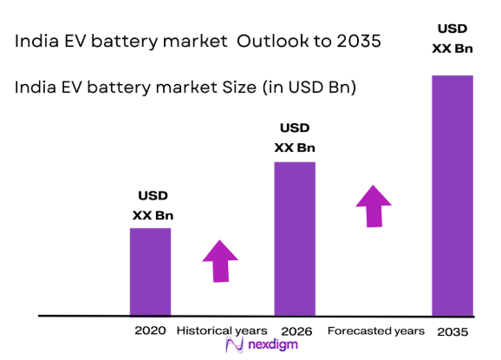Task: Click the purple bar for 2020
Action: [150, 272]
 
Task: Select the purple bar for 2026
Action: [295, 239]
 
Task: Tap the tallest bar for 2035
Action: [452, 195]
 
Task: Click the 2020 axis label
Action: [150, 331]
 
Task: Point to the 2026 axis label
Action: [296, 331]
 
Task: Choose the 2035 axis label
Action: [452, 332]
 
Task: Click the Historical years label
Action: [221, 331]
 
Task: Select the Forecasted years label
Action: [375, 331]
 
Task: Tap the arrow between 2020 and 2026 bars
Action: [221, 259]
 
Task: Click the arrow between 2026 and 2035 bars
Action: [374, 206]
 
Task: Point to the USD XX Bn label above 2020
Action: [151, 206]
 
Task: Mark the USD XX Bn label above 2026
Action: [295, 137]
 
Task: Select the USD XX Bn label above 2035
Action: [452, 38]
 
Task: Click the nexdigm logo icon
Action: [232, 346]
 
